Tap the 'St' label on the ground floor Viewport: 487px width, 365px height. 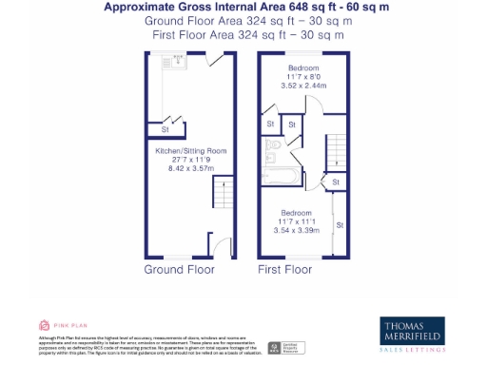click(165, 129)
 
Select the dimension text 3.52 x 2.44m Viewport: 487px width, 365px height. click(303, 86)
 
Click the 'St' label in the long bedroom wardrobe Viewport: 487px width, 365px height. click(340, 224)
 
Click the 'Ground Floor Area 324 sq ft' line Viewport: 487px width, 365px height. click(245, 21)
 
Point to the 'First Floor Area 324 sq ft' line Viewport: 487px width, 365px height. click(245, 34)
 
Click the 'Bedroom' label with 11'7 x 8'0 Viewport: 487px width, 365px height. click(303, 67)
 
